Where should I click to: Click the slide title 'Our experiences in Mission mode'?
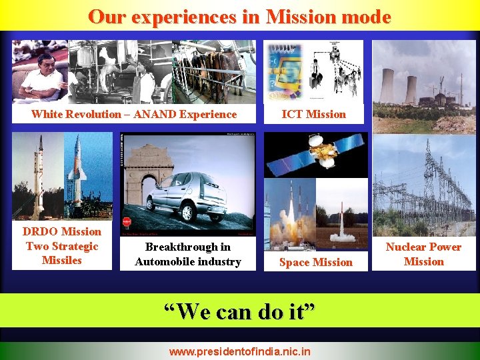(239, 17)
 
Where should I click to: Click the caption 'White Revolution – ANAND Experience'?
(134, 114)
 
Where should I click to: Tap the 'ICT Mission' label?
(314, 114)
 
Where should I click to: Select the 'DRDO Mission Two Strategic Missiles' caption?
(62, 246)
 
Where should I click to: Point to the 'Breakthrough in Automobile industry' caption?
(188, 254)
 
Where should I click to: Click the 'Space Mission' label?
(316, 262)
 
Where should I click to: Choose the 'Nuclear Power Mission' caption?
(423, 254)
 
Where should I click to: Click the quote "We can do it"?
(239, 311)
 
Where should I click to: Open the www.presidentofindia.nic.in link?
(239, 350)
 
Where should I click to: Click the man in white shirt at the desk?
(40, 77)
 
